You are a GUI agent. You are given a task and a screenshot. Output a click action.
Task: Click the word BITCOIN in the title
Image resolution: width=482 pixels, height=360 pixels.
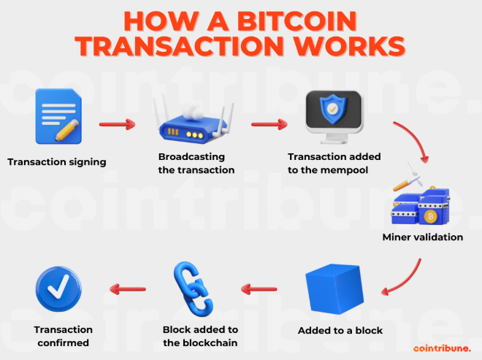pyautogui.click(x=297, y=21)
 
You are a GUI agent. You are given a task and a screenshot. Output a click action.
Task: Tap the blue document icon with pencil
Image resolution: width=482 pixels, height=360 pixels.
pyautogui.click(x=58, y=116)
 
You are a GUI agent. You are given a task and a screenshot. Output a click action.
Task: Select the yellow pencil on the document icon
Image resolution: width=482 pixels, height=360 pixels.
pyautogui.click(x=67, y=131)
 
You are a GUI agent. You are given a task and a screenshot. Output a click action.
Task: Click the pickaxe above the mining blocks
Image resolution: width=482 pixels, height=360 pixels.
pyautogui.click(x=408, y=180)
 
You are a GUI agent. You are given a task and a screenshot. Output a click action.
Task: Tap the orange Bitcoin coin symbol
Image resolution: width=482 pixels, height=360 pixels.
pyautogui.click(x=430, y=216)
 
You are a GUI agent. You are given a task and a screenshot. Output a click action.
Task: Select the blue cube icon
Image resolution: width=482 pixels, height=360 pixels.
pyautogui.click(x=334, y=289)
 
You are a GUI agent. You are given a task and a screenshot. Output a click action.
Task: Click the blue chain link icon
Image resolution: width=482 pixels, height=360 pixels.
pyautogui.click(x=194, y=289)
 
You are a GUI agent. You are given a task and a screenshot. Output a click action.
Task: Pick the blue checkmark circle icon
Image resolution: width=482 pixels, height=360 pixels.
pyautogui.click(x=58, y=289)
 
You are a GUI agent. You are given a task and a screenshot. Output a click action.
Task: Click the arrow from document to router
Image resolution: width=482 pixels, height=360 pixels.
pyautogui.click(x=117, y=124)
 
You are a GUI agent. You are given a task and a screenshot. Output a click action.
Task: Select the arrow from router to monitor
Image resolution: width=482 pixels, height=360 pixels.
pyautogui.click(x=269, y=124)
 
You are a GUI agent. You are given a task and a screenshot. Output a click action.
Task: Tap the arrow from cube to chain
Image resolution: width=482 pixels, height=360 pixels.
pyautogui.click(x=259, y=289)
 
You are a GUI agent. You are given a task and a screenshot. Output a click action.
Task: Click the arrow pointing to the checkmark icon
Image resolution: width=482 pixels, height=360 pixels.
pyautogui.click(x=128, y=289)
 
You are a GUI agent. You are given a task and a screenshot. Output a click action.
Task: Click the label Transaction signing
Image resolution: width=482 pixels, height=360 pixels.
pyautogui.click(x=57, y=162)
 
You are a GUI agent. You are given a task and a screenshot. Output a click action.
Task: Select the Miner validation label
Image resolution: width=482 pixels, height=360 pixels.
pyautogui.click(x=423, y=237)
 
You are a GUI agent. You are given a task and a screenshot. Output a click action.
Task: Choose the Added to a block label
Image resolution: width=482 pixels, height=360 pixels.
pyautogui.click(x=340, y=331)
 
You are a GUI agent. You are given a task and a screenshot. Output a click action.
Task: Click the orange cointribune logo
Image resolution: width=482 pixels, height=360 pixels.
pyautogui.click(x=442, y=348)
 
